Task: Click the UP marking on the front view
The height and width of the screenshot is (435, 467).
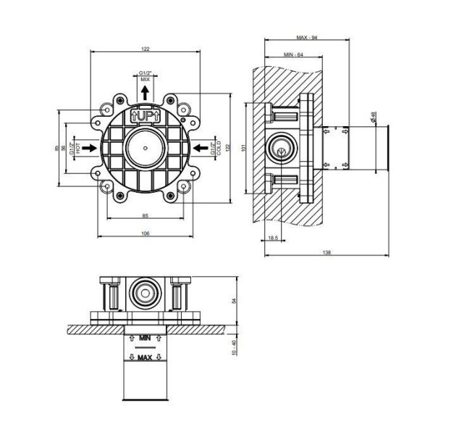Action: pyautogui.click(x=145, y=115)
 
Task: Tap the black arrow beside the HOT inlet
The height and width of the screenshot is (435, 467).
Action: pyautogui.click(x=90, y=147)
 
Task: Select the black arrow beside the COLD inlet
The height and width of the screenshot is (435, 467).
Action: pyautogui.click(x=201, y=147)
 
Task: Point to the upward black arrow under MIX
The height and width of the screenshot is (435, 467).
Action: pyautogui.click(x=145, y=92)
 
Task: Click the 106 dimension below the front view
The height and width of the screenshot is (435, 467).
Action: pyautogui.click(x=145, y=233)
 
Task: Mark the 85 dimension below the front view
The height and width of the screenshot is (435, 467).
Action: pyautogui.click(x=145, y=215)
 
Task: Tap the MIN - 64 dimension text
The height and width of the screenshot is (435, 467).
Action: pyautogui.click(x=293, y=54)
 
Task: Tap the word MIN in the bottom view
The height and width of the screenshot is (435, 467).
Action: pyautogui.click(x=145, y=338)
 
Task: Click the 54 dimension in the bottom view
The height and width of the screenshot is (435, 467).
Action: pyautogui.click(x=233, y=301)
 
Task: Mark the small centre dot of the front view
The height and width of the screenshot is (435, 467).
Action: pyautogui.click(x=145, y=148)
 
